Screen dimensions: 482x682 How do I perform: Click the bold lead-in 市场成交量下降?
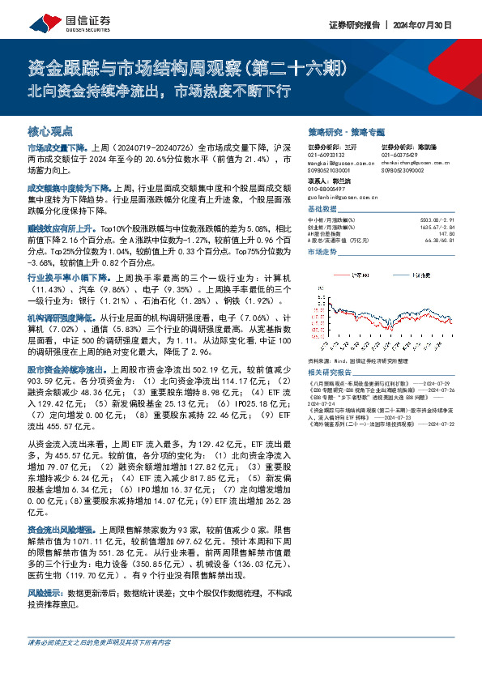[x=56, y=150]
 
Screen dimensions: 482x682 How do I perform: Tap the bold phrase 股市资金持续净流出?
[x=64, y=369]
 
